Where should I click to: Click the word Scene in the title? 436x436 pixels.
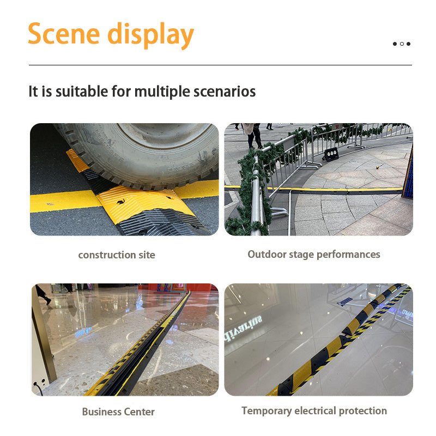coord(64,34)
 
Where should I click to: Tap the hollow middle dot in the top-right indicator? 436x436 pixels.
coord(402,44)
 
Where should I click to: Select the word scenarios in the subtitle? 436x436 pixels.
coord(225,91)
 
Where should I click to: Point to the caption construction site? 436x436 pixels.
coord(117,255)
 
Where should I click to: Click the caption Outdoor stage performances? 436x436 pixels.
coord(314,254)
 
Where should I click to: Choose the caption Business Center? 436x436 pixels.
coord(118,411)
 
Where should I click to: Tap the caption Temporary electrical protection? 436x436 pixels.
coord(314,410)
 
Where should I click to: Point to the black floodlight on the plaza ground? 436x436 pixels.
coord(330,155)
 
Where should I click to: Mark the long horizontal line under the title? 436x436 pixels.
coord(220,65)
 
